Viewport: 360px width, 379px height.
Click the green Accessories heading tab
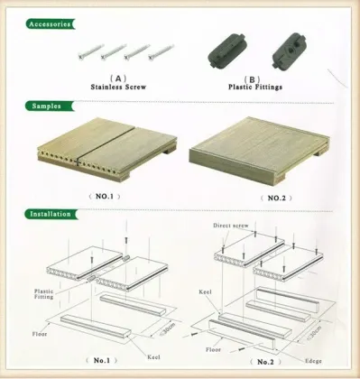coord(50,23)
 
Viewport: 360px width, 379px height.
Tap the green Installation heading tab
coord(51,215)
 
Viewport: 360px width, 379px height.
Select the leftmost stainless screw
coord(88,51)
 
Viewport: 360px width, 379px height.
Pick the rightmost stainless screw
coord(159,51)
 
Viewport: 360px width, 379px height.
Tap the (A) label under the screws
coord(117,79)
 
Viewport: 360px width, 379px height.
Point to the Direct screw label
coord(233,226)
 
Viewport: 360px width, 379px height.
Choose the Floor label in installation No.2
coord(212,347)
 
